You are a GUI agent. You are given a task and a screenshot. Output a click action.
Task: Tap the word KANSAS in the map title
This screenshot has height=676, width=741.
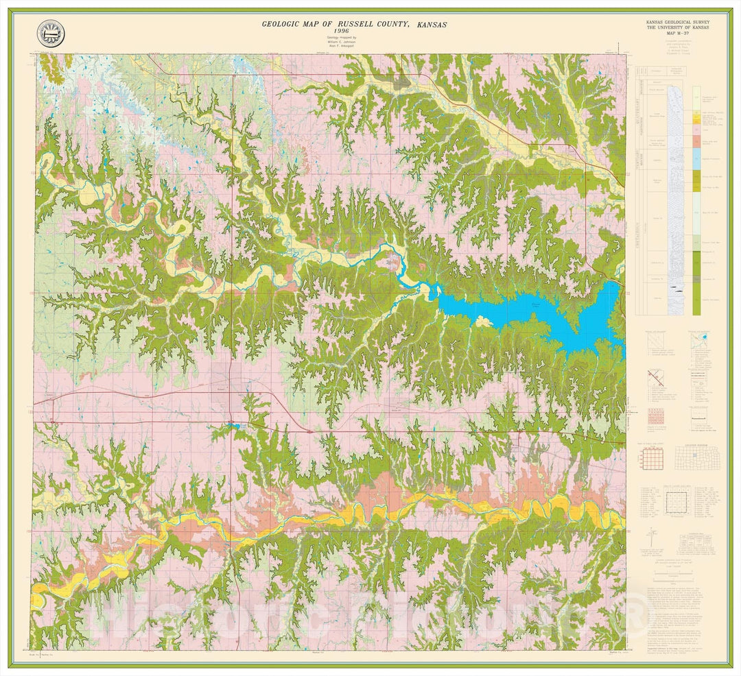pyautogui.click(x=431, y=24)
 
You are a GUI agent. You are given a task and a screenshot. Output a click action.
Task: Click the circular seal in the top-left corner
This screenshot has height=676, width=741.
pyautogui.click(x=49, y=31)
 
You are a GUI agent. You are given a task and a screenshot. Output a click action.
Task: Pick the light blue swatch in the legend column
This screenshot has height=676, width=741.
pyautogui.click(x=696, y=159)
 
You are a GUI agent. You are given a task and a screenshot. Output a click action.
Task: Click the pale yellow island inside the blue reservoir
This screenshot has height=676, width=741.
pyautogui.click(x=483, y=320)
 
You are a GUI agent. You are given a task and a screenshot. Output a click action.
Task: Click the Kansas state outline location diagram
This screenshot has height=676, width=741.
pyautogui.click(x=695, y=457)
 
